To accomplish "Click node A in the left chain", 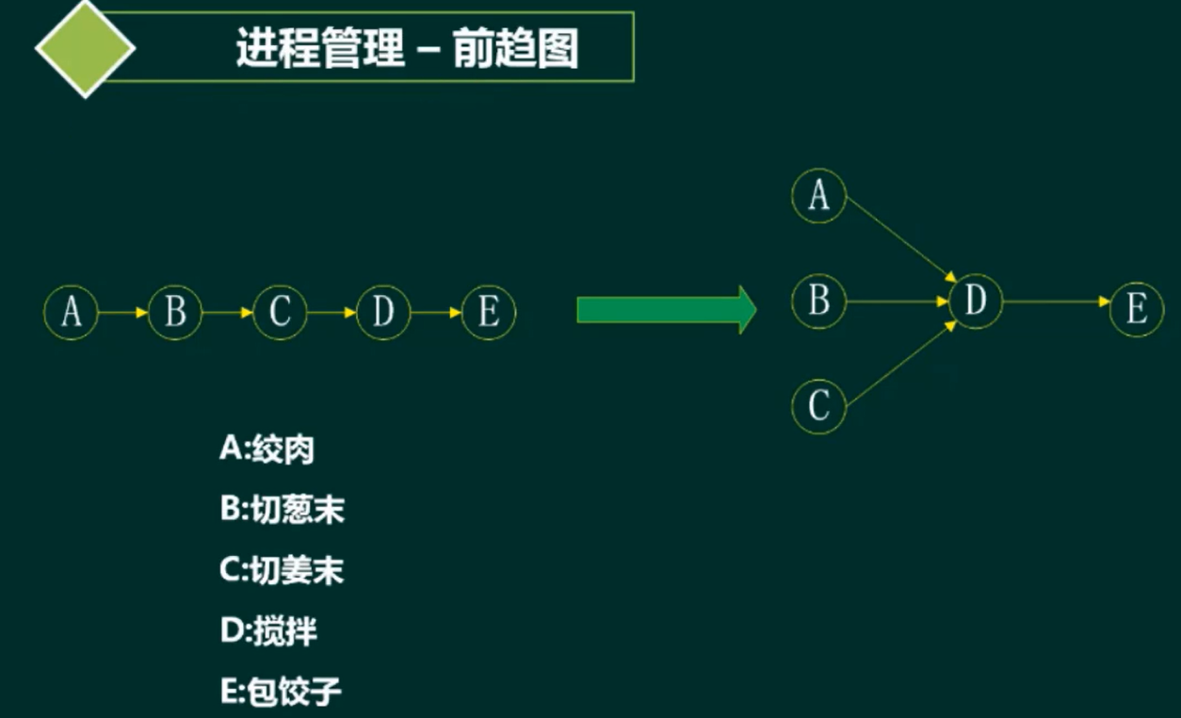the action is (71, 312).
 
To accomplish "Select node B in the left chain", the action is (175, 312).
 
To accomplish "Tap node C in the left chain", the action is (280, 312).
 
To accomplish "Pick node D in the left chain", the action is (383, 312).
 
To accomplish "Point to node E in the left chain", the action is (488, 312).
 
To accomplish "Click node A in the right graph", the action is (819, 196).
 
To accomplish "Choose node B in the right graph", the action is (819, 302).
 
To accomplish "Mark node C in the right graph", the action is (819, 406).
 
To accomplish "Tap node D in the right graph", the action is (976, 302).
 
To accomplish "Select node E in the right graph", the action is (1137, 308).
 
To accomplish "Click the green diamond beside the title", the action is (86, 48).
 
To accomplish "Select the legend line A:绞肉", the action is (267, 450).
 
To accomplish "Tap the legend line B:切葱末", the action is (283, 511).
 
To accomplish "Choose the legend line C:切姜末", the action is (282, 571).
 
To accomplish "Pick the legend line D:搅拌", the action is (268, 632).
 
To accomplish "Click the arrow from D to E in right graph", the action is (1056, 302).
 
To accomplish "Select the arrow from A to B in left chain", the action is (123, 312).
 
